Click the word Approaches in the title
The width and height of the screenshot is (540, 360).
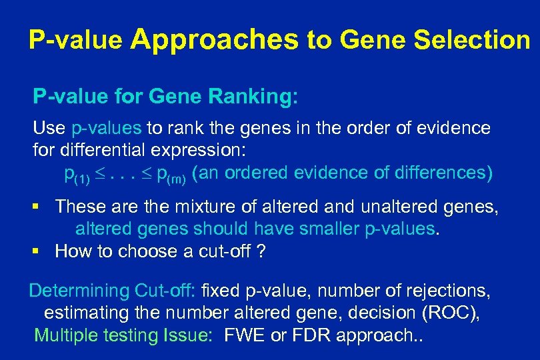click(x=215, y=41)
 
